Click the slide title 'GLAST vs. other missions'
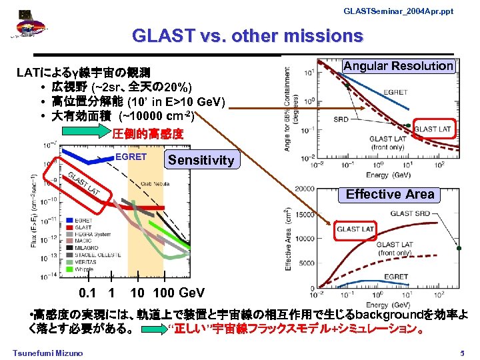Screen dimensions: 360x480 [x=247, y=35]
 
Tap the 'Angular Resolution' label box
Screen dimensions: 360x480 [x=399, y=65]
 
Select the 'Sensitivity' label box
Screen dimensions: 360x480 [x=201, y=160]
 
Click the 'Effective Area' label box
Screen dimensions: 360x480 [x=390, y=194]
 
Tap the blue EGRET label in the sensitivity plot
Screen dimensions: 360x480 [x=131, y=157]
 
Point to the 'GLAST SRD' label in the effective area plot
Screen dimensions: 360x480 [x=411, y=213]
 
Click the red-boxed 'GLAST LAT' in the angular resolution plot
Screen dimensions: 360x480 [x=433, y=129]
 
